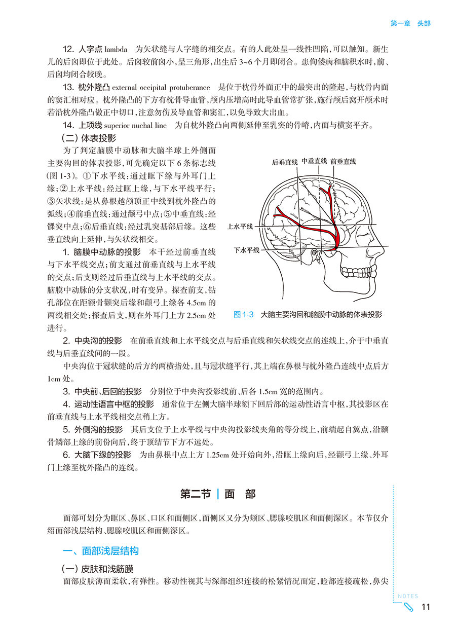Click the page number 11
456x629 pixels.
click(426, 608)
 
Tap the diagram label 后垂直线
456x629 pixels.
click(284, 162)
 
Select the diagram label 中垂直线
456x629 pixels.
click(314, 161)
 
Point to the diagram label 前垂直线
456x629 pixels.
click(343, 162)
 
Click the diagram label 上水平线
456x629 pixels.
click(240, 227)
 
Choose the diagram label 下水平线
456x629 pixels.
click(247, 250)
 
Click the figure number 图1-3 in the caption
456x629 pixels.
click(244, 315)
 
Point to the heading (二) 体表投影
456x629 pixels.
click(89, 138)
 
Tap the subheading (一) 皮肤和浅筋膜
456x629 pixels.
click(97, 569)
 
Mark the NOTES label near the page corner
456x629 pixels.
click(408, 597)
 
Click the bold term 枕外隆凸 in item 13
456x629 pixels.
click(92, 87)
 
